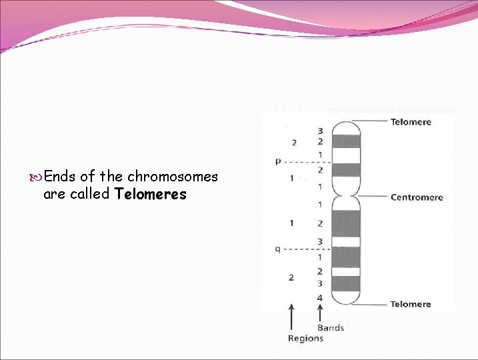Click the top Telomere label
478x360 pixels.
tap(410, 122)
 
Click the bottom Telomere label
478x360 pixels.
tap(410, 304)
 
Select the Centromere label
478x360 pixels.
tap(416, 197)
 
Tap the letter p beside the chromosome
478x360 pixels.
tap(278, 161)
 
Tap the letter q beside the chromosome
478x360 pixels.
tap(277, 249)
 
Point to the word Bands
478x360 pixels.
tap(330, 327)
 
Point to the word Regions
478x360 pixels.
tap(305, 338)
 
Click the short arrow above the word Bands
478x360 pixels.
tap(321, 311)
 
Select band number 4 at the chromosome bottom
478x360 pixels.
tap(320, 297)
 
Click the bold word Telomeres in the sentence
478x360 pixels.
tap(151, 195)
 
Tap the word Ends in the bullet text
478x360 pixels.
tap(59, 177)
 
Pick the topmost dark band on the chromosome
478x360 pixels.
tap(347, 141)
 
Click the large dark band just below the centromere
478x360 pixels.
tap(347, 223)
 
